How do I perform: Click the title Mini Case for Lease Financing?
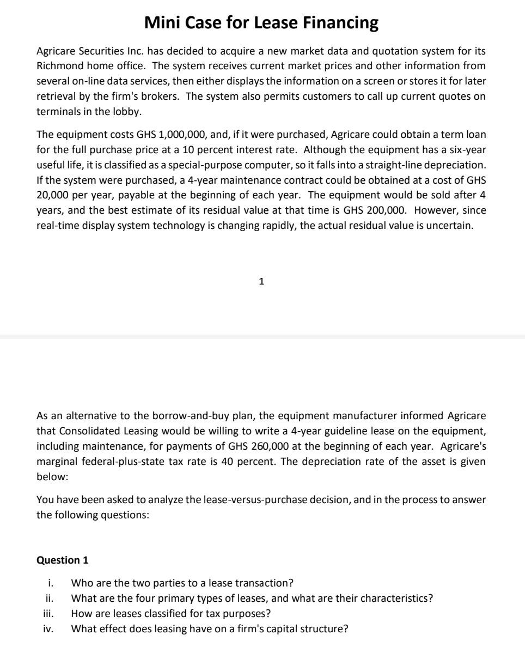[261, 22]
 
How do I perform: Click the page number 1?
[261, 281]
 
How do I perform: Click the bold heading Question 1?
[62, 560]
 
